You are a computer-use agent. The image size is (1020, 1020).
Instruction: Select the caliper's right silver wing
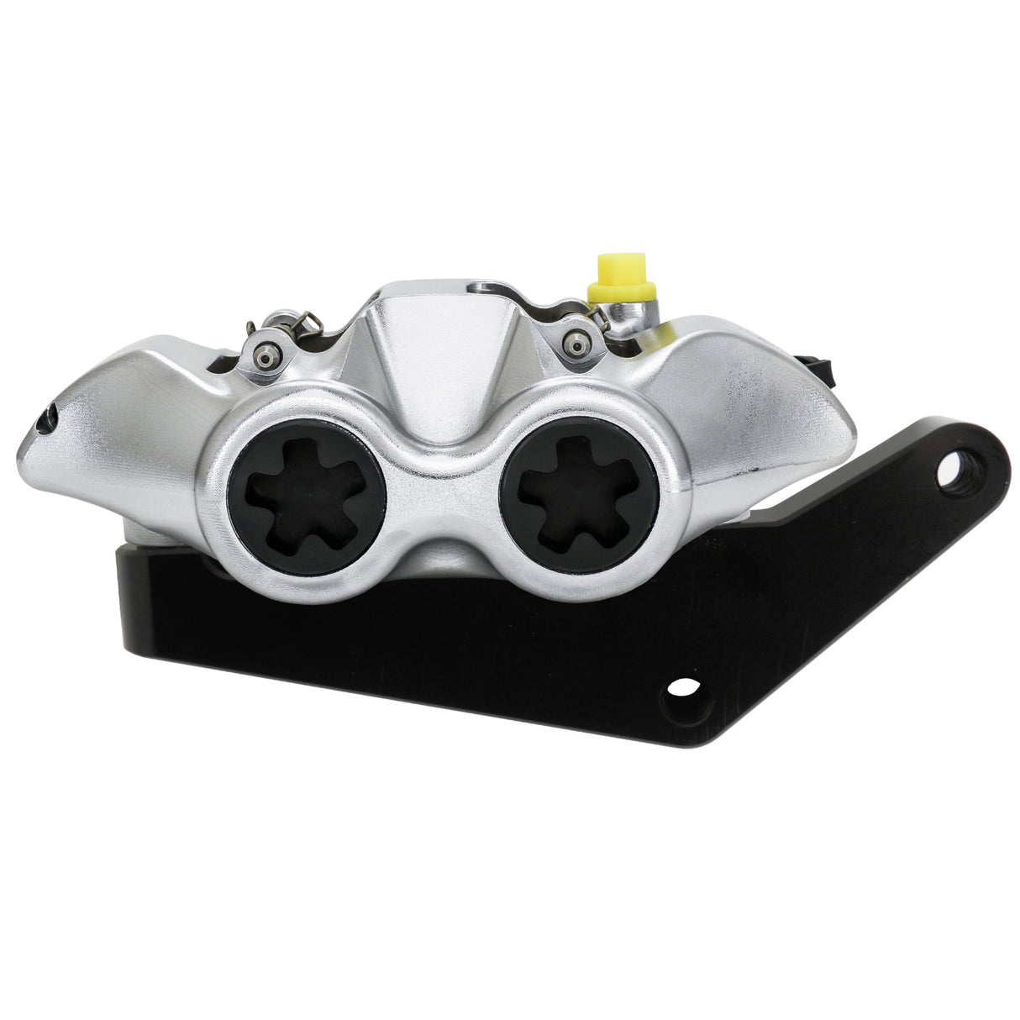pyautogui.click(x=756, y=395)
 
